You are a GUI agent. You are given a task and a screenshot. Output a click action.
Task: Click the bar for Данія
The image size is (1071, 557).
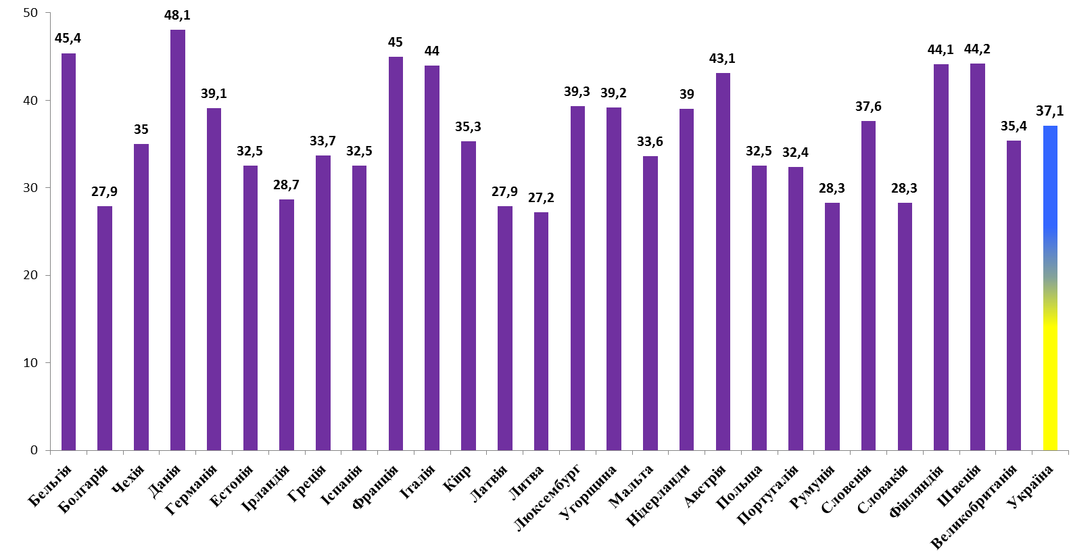(x=177, y=240)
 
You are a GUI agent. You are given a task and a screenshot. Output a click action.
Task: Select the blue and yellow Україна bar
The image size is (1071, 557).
(x=1050, y=288)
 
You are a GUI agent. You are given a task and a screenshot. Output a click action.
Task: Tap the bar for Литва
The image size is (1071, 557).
(x=541, y=331)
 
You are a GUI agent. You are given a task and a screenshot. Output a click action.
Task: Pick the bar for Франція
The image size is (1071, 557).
(x=396, y=253)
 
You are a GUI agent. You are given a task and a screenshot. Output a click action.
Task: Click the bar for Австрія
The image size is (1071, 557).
(x=723, y=262)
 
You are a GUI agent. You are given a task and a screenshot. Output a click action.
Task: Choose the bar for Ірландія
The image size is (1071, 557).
(x=287, y=324)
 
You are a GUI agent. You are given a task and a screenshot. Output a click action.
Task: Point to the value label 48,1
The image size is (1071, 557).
(x=177, y=15)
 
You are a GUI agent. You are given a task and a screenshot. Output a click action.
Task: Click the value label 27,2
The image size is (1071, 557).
(x=541, y=197)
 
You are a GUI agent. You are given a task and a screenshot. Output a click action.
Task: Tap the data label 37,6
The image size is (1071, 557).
(x=868, y=106)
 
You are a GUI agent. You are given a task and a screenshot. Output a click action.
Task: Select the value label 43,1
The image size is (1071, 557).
(x=722, y=58)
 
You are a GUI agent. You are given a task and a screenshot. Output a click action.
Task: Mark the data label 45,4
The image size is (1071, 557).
(x=68, y=38)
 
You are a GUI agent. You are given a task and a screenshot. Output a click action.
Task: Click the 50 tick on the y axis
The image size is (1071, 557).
(x=30, y=13)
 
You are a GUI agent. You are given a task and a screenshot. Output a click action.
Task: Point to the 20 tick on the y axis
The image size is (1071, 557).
(x=30, y=275)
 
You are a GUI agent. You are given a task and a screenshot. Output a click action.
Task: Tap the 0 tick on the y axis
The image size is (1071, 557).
(x=34, y=450)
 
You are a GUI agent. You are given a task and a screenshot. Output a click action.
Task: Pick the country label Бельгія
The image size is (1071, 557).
(x=51, y=486)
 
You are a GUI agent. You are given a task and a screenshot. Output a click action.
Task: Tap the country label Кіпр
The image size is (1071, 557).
(x=457, y=478)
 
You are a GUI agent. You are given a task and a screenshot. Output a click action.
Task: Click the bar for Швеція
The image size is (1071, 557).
(x=977, y=257)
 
